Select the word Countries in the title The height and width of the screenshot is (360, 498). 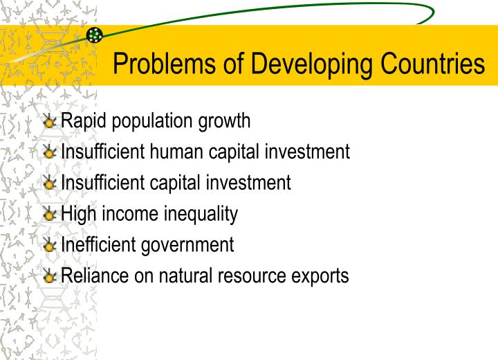tap(429, 64)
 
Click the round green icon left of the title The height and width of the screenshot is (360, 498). tap(95, 35)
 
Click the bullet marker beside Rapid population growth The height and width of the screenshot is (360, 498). tap(50, 122)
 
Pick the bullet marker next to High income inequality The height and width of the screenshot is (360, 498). tap(50, 215)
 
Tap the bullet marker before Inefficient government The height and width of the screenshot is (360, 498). tap(50, 246)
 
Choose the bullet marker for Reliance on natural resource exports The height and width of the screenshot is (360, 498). tap(50, 277)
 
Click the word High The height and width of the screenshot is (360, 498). tap(78, 214)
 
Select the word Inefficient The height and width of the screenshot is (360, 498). tap(99, 244)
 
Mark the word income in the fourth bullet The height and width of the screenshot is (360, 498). tap(127, 214)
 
